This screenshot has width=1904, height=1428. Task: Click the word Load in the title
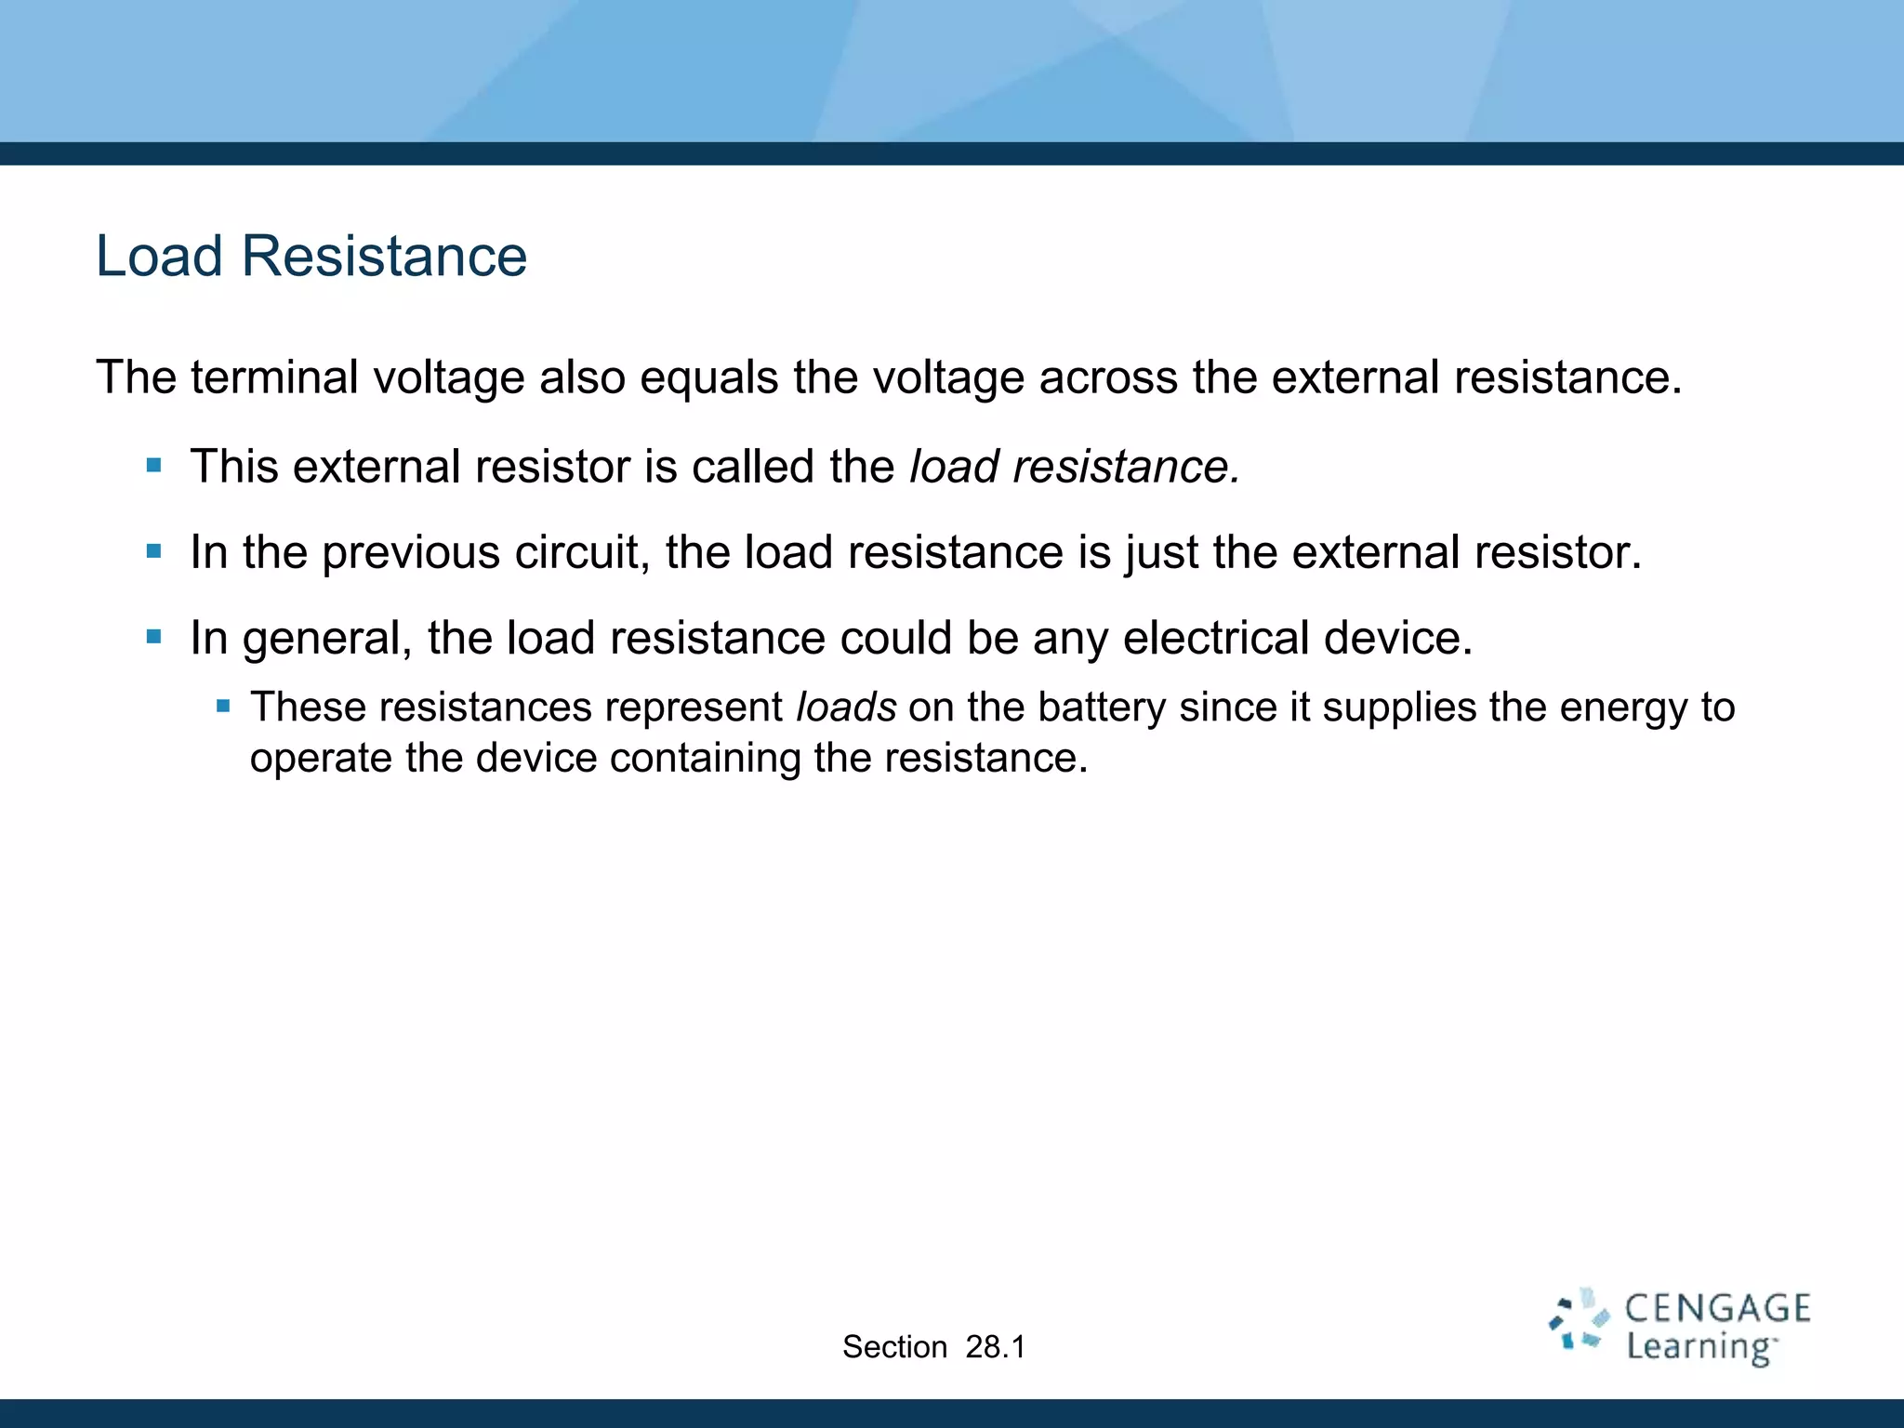pos(159,256)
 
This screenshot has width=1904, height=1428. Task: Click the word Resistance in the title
pos(384,256)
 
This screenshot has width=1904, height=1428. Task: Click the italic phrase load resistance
pos(1074,467)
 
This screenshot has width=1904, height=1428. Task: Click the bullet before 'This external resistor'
pos(154,465)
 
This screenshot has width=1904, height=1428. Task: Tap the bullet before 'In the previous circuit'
pos(154,551)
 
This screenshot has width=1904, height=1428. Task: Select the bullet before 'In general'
pos(154,637)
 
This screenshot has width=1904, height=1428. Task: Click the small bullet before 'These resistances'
pos(223,707)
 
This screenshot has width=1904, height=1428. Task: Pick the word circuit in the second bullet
pos(582,552)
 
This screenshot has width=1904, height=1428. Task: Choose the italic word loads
pos(846,707)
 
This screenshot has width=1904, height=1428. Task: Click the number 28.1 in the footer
pos(995,1347)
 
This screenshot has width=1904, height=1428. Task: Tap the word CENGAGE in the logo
pos(1717,1309)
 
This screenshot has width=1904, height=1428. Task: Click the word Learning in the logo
pos(1699,1347)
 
